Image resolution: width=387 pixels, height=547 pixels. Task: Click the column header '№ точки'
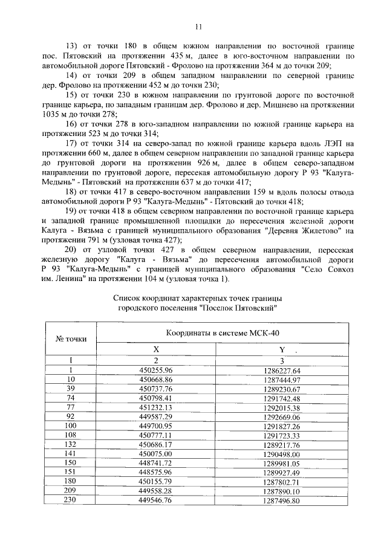tap(71, 338)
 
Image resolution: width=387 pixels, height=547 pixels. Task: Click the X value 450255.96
tap(156, 369)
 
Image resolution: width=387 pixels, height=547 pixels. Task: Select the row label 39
tap(71, 389)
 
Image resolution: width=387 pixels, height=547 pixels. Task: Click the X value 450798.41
tap(156, 398)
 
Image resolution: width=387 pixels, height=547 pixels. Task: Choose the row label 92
tap(71, 417)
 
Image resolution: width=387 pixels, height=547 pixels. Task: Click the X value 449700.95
tap(156, 426)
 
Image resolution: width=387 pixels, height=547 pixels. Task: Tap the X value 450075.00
tap(156, 454)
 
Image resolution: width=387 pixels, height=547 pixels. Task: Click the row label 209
tap(71, 491)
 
